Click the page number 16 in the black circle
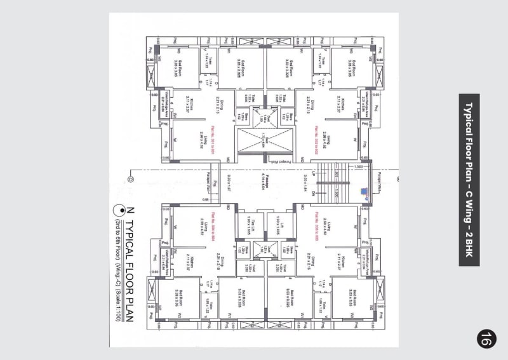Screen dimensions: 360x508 (x=485, y=338)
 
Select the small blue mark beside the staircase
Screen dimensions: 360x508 (x=364, y=190)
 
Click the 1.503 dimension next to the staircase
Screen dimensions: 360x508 (x=358, y=166)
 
